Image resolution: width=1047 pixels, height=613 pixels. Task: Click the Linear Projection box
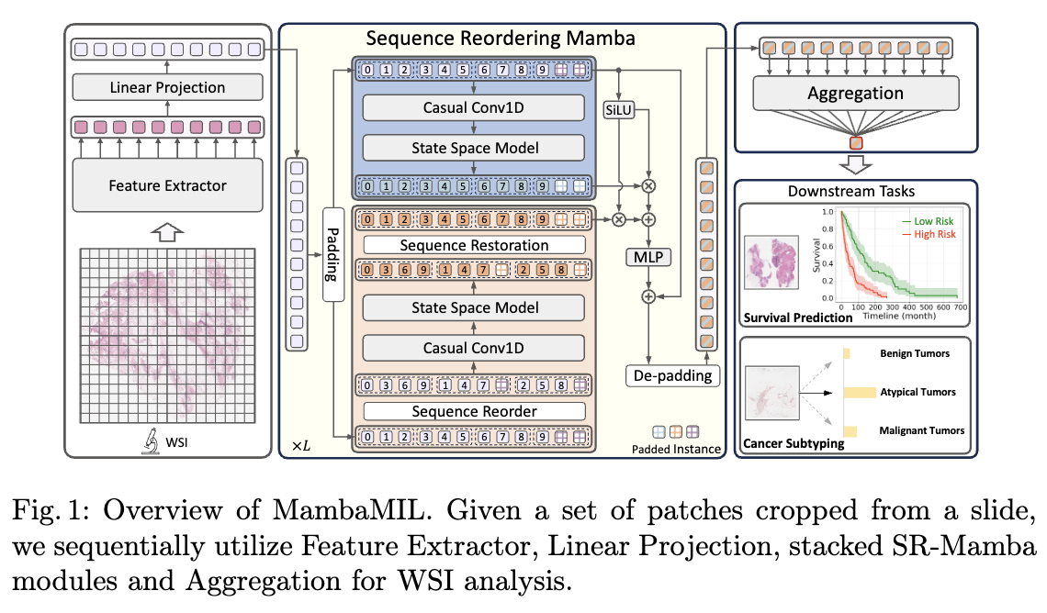point(167,88)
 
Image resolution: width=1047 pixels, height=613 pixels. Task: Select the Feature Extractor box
point(167,185)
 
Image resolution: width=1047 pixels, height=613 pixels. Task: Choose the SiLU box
point(619,110)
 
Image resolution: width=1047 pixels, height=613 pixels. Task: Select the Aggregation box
point(854,93)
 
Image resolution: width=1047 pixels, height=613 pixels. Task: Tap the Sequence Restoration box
point(474,245)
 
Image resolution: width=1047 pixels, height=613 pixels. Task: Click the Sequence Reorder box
point(474,411)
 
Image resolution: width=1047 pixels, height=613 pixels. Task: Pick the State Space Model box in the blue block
point(474,148)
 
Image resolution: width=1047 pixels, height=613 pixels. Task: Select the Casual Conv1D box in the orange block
point(474,348)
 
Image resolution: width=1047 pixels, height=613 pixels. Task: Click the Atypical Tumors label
point(917,392)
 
